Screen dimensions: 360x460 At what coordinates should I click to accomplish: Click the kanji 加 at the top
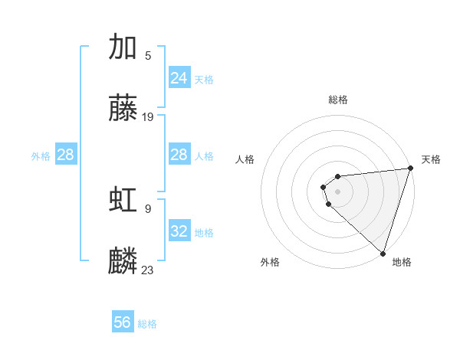pyautogui.click(x=123, y=47)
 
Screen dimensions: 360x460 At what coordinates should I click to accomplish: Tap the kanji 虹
pyautogui.click(x=123, y=200)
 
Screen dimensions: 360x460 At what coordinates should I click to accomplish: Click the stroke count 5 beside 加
pyautogui.click(x=148, y=55)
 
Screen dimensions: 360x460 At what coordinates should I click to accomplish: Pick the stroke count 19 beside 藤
pyautogui.click(x=148, y=116)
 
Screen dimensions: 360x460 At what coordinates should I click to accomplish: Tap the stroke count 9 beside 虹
pyautogui.click(x=148, y=208)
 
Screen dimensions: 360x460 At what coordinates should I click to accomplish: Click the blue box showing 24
pyautogui.click(x=179, y=78)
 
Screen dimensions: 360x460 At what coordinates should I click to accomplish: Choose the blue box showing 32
pyautogui.click(x=179, y=231)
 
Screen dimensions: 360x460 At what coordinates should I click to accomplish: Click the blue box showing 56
pyautogui.click(x=123, y=322)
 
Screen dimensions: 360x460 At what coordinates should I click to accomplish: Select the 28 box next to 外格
pyautogui.click(x=66, y=155)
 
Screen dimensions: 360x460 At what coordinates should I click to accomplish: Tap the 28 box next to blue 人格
pyautogui.click(x=179, y=155)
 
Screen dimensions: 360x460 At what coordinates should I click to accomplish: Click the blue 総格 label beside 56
pyautogui.click(x=147, y=324)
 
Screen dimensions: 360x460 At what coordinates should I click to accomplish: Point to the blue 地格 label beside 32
pyautogui.click(x=204, y=232)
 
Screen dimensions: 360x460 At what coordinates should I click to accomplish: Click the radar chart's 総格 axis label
pyautogui.click(x=338, y=100)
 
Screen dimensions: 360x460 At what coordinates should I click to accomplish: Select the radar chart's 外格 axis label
pyautogui.click(x=270, y=262)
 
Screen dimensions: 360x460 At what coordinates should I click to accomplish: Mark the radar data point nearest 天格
pyautogui.click(x=410, y=169)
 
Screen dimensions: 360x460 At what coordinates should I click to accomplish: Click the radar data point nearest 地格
pyautogui.click(x=383, y=253)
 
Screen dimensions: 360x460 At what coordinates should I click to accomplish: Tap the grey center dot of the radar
pyautogui.click(x=338, y=191)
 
